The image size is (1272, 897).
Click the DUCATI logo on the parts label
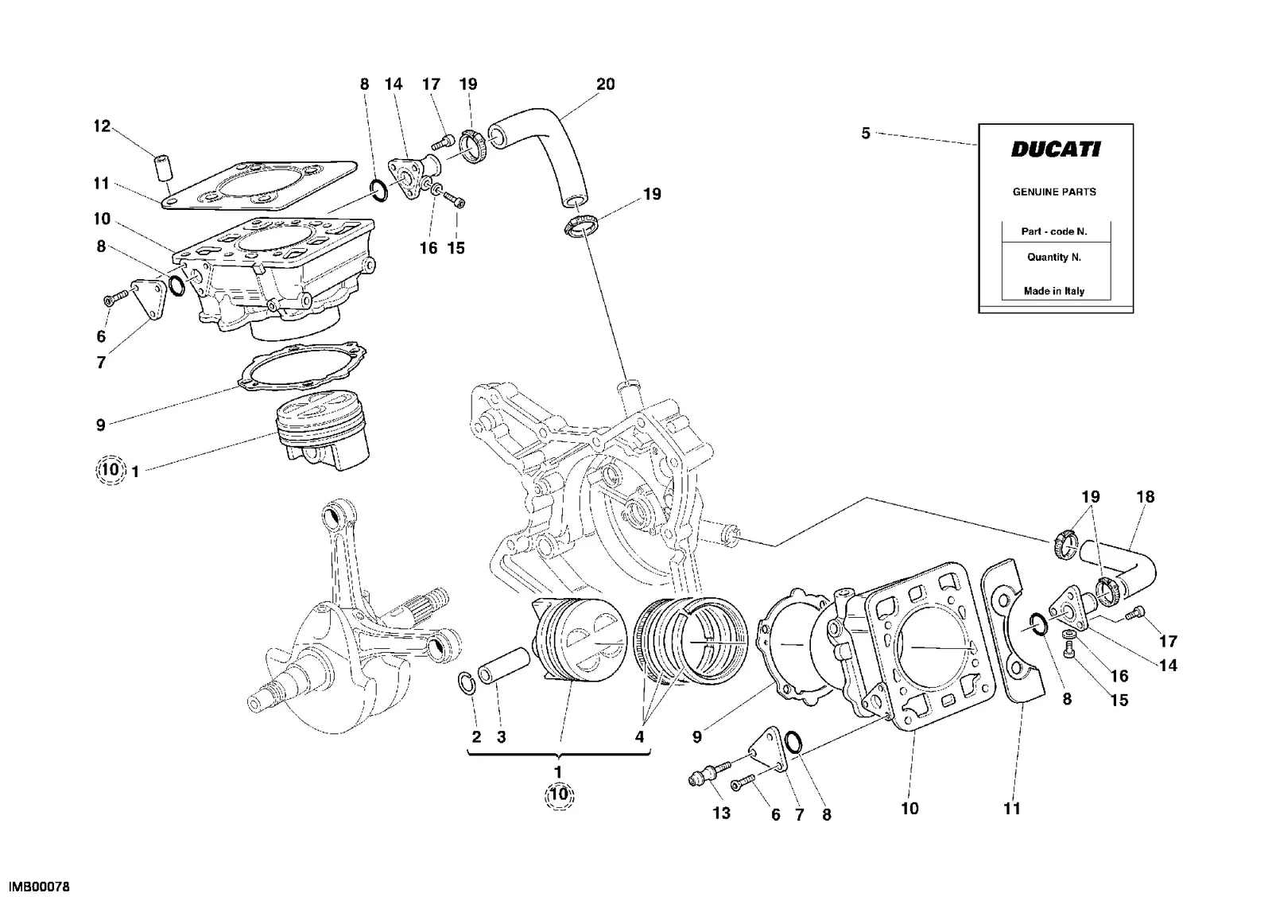tap(1056, 149)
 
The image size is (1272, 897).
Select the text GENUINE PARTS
tap(1054, 192)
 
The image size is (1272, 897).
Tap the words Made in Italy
tap(1054, 291)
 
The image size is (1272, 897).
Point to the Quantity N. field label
tap(1054, 258)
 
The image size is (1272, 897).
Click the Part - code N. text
tap(1054, 231)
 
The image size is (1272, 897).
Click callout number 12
tap(103, 126)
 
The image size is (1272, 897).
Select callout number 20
tap(605, 84)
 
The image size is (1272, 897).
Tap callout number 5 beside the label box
tap(866, 134)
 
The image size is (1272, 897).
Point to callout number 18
tap(1146, 496)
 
